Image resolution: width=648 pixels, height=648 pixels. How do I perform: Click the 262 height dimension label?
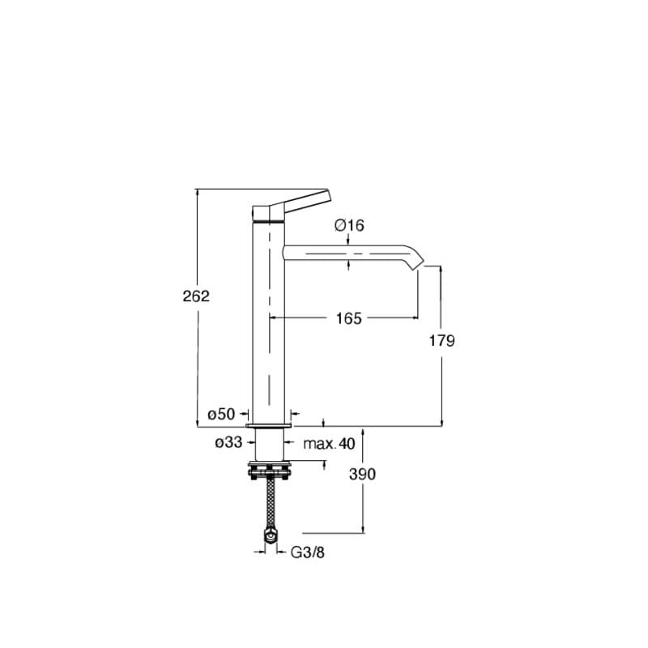click(196, 296)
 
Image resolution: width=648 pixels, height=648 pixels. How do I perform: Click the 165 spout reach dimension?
click(348, 318)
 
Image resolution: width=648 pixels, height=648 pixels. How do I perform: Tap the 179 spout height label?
click(442, 340)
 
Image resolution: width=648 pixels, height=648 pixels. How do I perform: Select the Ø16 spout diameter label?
click(347, 225)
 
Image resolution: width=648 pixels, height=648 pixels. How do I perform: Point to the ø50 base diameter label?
click(221, 414)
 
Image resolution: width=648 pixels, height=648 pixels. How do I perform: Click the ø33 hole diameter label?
click(228, 443)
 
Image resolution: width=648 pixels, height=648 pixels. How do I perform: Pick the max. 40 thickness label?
click(329, 443)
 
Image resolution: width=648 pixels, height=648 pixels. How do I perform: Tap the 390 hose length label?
click(361, 474)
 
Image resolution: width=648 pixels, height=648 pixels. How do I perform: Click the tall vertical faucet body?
click(268, 324)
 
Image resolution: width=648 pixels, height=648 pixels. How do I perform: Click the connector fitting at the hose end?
click(269, 534)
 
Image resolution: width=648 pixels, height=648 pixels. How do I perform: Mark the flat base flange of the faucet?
click(269, 424)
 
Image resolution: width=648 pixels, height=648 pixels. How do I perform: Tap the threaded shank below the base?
click(269, 443)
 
